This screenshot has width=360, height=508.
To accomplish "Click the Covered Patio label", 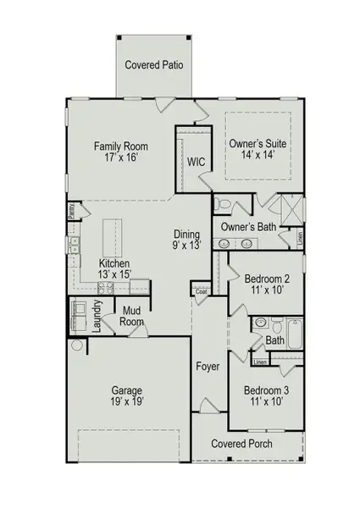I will [x=154, y=64].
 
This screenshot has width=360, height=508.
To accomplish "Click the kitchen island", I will [x=111, y=238].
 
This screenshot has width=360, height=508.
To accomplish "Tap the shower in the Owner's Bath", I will [x=290, y=207].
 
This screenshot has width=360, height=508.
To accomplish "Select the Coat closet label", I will [x=202, y=292].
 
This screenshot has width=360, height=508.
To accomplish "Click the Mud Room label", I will [x=130, y=316].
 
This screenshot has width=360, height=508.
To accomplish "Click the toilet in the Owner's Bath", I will [x=221, y=204].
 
